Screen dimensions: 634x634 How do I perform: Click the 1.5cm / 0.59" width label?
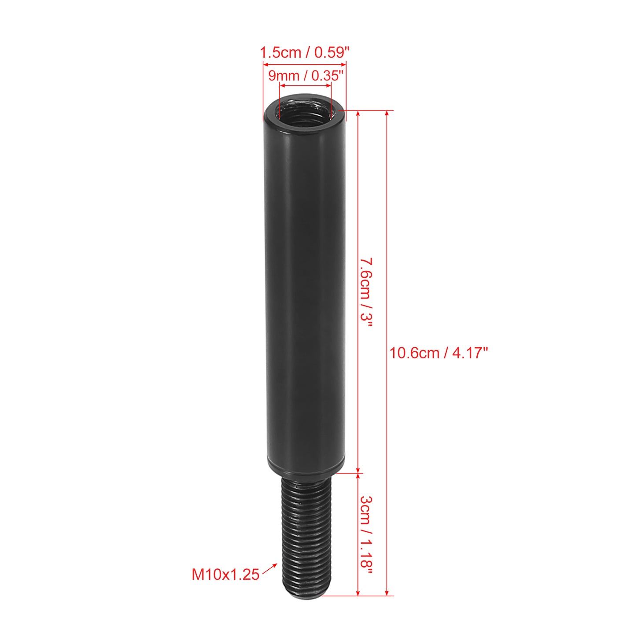(x=304, y=52)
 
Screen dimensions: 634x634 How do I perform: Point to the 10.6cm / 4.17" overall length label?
(x=438, y=354)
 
